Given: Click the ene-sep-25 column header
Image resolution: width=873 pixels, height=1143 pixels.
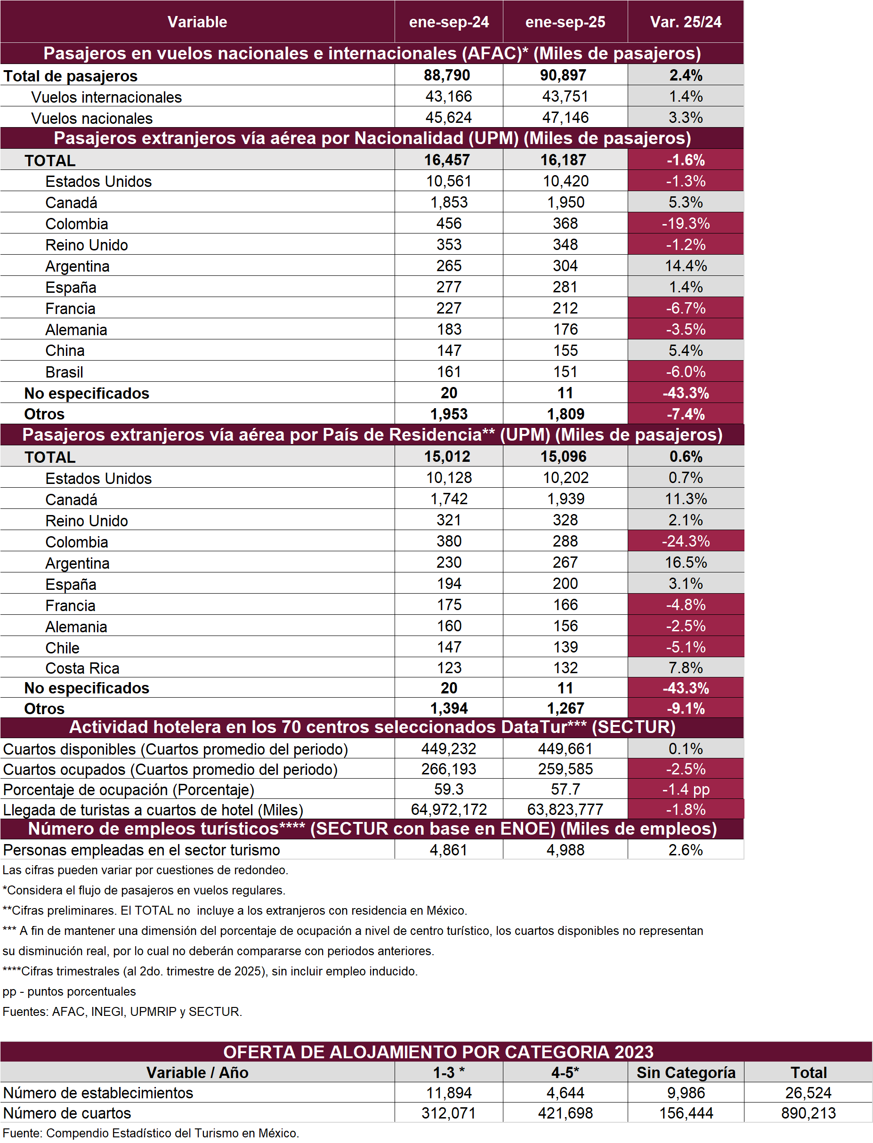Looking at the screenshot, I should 565,22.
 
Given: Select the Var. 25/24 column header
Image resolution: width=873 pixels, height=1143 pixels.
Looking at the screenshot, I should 686,22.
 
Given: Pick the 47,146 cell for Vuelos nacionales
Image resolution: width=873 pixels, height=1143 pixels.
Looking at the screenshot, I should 565,117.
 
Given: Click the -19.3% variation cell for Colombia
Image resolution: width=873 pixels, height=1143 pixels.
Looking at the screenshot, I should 686,224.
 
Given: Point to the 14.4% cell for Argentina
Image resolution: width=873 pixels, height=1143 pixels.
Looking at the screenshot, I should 686,266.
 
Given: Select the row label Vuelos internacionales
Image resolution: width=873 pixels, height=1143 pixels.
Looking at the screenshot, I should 106,97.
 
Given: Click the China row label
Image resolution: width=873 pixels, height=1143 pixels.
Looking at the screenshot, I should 65,351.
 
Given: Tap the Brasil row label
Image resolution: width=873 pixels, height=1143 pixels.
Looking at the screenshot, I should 65,372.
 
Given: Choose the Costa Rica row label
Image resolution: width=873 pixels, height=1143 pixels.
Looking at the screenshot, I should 82,668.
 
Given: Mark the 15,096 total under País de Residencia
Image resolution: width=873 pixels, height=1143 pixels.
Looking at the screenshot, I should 563,457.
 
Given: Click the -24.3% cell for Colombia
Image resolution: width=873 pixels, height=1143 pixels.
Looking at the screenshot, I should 686,541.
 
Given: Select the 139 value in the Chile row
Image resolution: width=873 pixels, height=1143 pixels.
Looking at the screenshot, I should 565,647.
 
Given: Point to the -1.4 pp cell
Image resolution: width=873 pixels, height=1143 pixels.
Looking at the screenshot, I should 686,790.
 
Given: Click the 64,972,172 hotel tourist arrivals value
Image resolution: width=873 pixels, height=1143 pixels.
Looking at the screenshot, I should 448,809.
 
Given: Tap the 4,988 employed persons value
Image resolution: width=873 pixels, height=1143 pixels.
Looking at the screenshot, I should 565,850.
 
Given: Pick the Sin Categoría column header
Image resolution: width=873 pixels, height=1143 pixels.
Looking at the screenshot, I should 686,1073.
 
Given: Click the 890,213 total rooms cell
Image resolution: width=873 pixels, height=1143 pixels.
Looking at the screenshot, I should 808,1113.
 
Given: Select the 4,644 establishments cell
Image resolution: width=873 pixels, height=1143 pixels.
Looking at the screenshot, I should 565,1093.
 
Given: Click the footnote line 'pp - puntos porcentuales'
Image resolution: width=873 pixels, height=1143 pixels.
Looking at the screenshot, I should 69,991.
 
